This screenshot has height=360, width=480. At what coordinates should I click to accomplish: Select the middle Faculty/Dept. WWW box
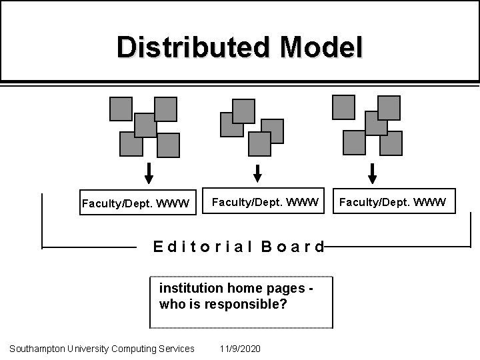coord(265,200)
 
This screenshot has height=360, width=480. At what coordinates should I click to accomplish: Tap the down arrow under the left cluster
coord(149,173)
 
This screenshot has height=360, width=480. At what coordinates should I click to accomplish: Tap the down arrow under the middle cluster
coord(258,173)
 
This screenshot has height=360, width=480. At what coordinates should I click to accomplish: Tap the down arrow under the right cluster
coord(372,173)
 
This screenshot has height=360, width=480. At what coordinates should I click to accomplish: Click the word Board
coord(293,247)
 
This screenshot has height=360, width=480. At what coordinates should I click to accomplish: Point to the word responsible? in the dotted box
coord(257,304)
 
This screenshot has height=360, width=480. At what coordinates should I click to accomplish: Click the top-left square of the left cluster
coord(121,109)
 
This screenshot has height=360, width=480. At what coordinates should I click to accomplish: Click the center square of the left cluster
coord(145,125)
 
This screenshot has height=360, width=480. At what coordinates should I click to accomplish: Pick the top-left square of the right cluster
coord(343,107)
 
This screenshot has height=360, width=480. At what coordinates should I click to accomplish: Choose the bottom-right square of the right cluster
coord(391,143)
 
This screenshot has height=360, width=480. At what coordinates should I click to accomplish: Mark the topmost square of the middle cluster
coord(243,111)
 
